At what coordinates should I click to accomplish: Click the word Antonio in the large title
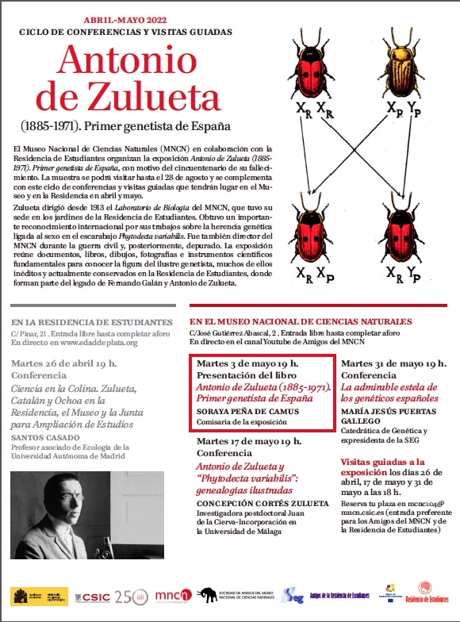pyautogui.click(x=126, y=62)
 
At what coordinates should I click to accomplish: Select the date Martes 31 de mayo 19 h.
pyautogui.click(x=393, y=363)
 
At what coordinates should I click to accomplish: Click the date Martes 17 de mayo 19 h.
pyautogui.click(x=247, y=441)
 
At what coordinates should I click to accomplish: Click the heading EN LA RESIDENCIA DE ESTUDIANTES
pyautogui.click(x=92, y=322)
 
